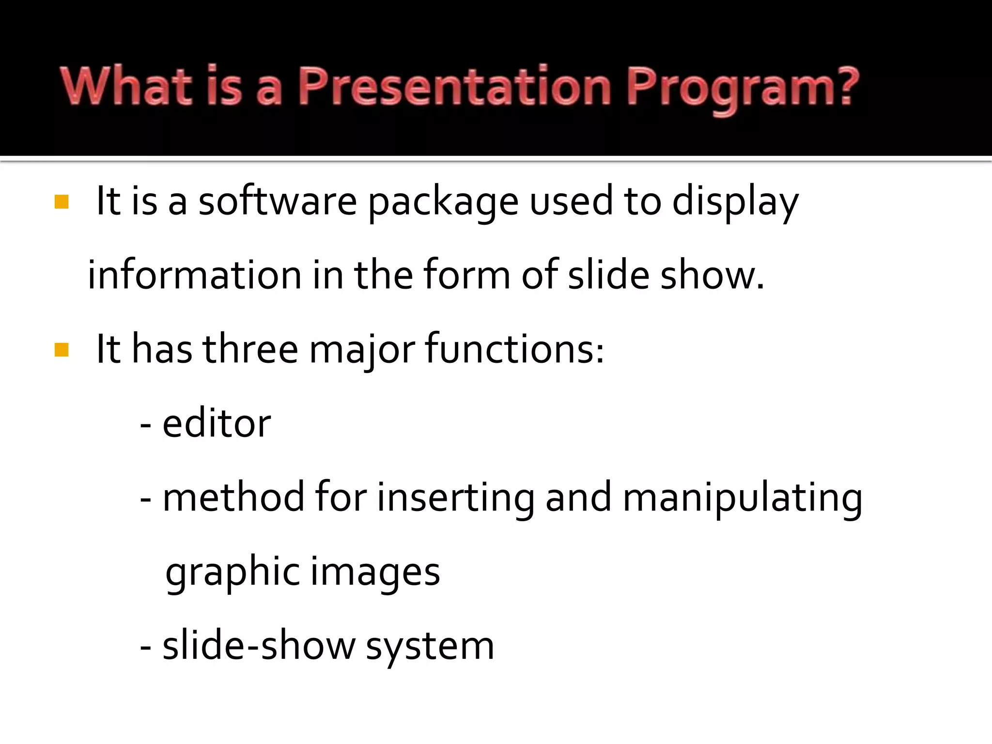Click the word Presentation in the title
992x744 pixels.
(454, 87)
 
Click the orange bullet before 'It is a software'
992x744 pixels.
(62, 202)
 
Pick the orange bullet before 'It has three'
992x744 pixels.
(62, 350)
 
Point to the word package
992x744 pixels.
(443, 203)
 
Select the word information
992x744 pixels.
(194, 275)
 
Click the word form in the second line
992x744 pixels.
(466, 275)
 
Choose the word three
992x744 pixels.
(250, 349)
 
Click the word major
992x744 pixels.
(362, 351)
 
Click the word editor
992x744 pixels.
(216, 424)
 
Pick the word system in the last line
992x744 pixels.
(430, 647)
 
